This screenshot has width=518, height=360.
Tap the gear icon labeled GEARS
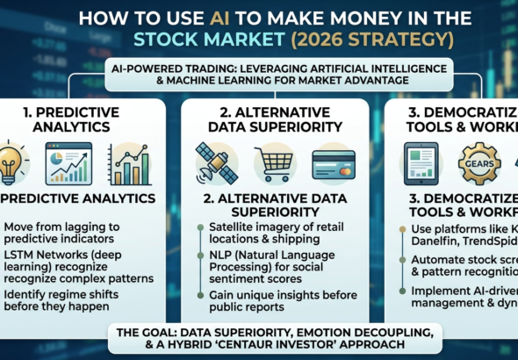[479, 163]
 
